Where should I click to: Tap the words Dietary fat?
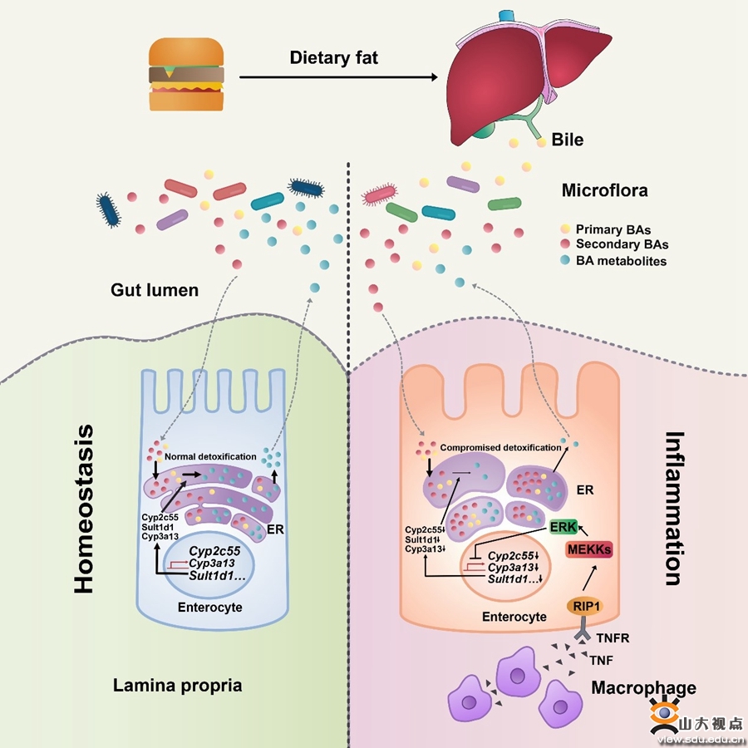[333, 58]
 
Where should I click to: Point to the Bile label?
[568, 140]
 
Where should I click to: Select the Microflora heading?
[604, 191]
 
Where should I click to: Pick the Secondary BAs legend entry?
[622, 244]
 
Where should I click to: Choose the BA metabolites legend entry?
[621, 261]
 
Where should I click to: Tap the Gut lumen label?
[155, 290]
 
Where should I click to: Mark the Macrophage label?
[643, 687]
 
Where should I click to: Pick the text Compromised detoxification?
[500, 447]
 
